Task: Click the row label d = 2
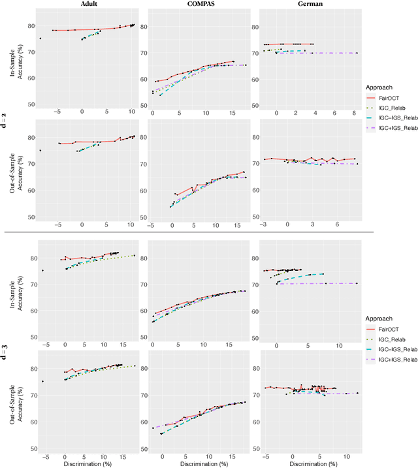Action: point(5,117)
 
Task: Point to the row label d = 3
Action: point(5,343)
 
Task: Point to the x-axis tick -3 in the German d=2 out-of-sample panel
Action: point(264,226)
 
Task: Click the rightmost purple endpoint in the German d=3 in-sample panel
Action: point(357,283)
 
